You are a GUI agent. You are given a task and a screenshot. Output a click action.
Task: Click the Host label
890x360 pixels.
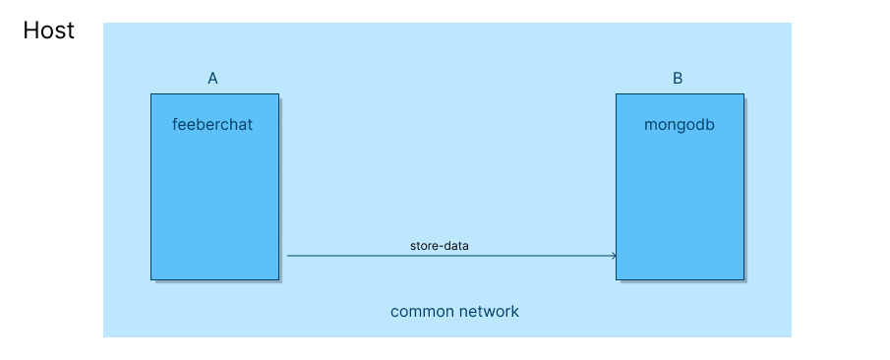(x=49, y=30)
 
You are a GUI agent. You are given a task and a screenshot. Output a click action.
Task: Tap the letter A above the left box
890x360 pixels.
(x=212, y=79)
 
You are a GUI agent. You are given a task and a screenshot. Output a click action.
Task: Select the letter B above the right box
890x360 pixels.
(x=678, y=79)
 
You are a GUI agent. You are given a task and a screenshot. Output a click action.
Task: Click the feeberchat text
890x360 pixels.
(x=212, y=125)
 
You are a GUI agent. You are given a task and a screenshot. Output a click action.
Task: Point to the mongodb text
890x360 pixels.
(x=679, y=125)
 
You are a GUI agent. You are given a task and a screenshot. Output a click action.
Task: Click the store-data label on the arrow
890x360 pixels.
(x=440, y=245)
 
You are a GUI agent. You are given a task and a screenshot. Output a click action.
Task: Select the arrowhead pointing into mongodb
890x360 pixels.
(x=614, y=256)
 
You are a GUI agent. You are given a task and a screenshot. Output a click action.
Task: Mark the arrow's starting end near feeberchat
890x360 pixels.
(x=288, y=256)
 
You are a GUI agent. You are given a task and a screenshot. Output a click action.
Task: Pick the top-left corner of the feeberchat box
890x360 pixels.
(x=151, y=94)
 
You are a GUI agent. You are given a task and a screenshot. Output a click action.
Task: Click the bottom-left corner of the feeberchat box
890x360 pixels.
(x=151, y=279)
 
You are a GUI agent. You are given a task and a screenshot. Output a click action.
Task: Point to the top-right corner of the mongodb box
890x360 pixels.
(x=743, y=94)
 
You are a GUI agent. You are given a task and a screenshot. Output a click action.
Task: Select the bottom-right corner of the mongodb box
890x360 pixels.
(x=743, y=279)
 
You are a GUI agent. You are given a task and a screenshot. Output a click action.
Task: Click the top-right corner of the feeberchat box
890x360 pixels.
(x=278, y=94)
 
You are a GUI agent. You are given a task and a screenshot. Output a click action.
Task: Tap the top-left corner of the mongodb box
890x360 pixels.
(x=617, y=94)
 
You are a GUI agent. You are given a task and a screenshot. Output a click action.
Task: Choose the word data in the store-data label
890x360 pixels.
(x=457, y=245)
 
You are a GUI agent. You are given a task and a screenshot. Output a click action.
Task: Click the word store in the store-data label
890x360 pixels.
(x=425, y=245)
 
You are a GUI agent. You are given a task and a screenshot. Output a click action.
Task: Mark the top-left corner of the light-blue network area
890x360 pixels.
(x=104, y=24)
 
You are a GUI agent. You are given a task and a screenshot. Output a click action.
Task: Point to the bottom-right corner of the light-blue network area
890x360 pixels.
(x=791, y=336)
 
